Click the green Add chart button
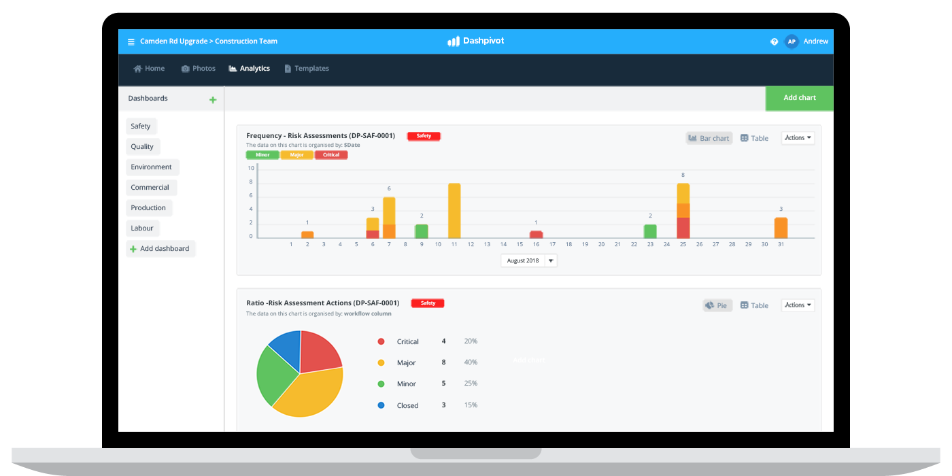[x=799, y=98]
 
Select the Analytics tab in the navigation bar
[x=250, y=69]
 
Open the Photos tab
[x=198, y=69]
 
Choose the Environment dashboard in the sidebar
[x=152, y=167]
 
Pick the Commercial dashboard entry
[x=150, y=188]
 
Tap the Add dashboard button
[x=160, y=249]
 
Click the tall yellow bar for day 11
[x=454, y=210]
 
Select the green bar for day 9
[x=422, y=231]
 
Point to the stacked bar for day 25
[x=683, y=210]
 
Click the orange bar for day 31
[x=781, y=227]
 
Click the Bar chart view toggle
[x=709, y=138]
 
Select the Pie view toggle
[x=717, y=305]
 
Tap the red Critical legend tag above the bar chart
[x=331, y=155]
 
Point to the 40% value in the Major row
[x=471, y=362]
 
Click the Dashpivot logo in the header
[x=475, y=41]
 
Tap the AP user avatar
[x=791, y=41]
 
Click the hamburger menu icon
[x=131, y=42]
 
